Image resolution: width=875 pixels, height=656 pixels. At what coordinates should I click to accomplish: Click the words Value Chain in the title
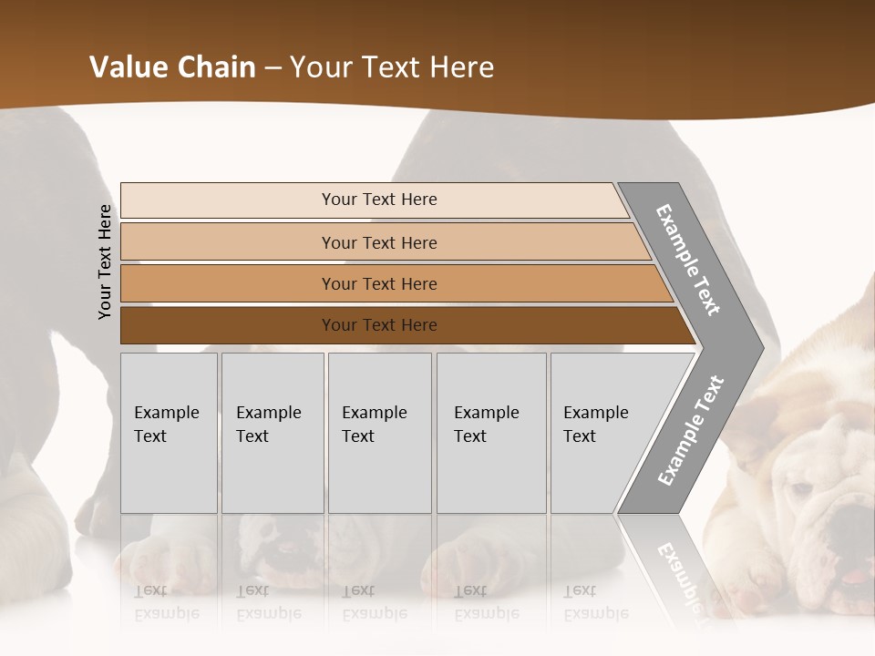point(172,67)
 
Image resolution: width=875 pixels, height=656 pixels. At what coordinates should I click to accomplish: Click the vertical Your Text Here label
point(106,261)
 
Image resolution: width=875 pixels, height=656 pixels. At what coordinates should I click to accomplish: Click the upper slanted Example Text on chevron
point(688,260)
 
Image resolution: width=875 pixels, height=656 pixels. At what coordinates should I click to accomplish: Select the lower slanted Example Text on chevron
point(691,430)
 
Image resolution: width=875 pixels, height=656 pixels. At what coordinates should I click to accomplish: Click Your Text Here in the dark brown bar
point(379,325)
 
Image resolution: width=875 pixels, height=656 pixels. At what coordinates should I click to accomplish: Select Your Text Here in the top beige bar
point(379,200)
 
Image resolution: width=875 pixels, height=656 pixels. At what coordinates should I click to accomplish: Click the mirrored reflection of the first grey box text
point(166,601)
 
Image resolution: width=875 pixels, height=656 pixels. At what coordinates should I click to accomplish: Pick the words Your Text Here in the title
point(392,67)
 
